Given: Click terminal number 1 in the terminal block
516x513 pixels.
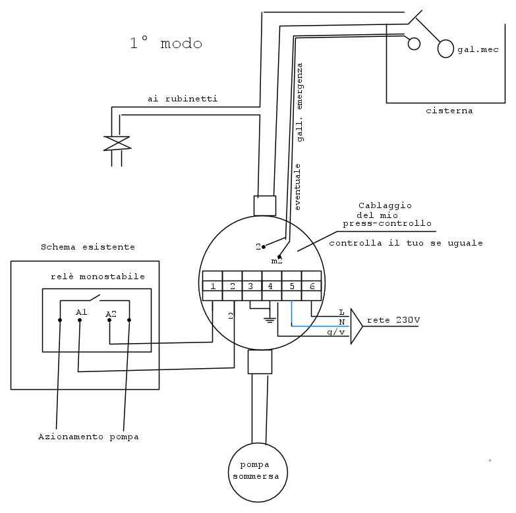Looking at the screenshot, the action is (x=213, y=286).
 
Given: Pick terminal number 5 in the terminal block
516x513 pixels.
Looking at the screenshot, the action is (x=291, y=286).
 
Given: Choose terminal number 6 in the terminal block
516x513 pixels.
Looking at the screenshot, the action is (x=311, y=286).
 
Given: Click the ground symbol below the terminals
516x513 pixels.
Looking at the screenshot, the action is (x=270, y=319).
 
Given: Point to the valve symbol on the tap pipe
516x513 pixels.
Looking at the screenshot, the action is (x=117, y=144).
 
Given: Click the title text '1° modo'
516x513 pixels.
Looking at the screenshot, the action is (x=166, y=43).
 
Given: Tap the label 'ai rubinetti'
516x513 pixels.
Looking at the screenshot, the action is (x=183, y=99).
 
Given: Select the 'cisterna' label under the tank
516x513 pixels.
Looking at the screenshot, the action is (x=449, y=111).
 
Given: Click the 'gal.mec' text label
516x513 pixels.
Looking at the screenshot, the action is (x=478, y=49).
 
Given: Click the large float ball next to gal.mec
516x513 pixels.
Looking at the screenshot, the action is (x=445, y=49).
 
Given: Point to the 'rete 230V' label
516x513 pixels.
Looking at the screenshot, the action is (x=393, y=320).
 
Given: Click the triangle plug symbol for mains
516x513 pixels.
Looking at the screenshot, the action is (x=357, y=326).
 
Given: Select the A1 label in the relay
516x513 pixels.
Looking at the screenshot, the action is (x=81, y=311).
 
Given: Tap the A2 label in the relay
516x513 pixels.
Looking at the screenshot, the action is (x=111, y=314).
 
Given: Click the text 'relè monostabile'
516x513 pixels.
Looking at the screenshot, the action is (x=98, y=277).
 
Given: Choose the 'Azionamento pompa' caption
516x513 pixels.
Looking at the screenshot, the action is (x=88, y=437).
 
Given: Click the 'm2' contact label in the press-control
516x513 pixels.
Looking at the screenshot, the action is (x=277, y=261).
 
